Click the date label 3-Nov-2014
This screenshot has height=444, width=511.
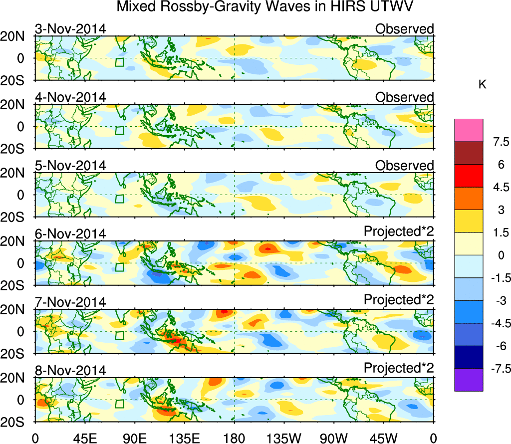pos(70,29)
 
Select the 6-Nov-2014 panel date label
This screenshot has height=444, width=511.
pos(70,233)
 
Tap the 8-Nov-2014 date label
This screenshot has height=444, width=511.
pos(70,370)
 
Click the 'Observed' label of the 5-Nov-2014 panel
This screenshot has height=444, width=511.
pos(404,166)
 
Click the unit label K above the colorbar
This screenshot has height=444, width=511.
pos(482,85)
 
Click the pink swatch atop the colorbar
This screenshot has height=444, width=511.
pos(469,130)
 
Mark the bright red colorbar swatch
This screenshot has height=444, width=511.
pos(469,176)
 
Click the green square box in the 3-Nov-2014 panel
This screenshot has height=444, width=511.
pos(119,62)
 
